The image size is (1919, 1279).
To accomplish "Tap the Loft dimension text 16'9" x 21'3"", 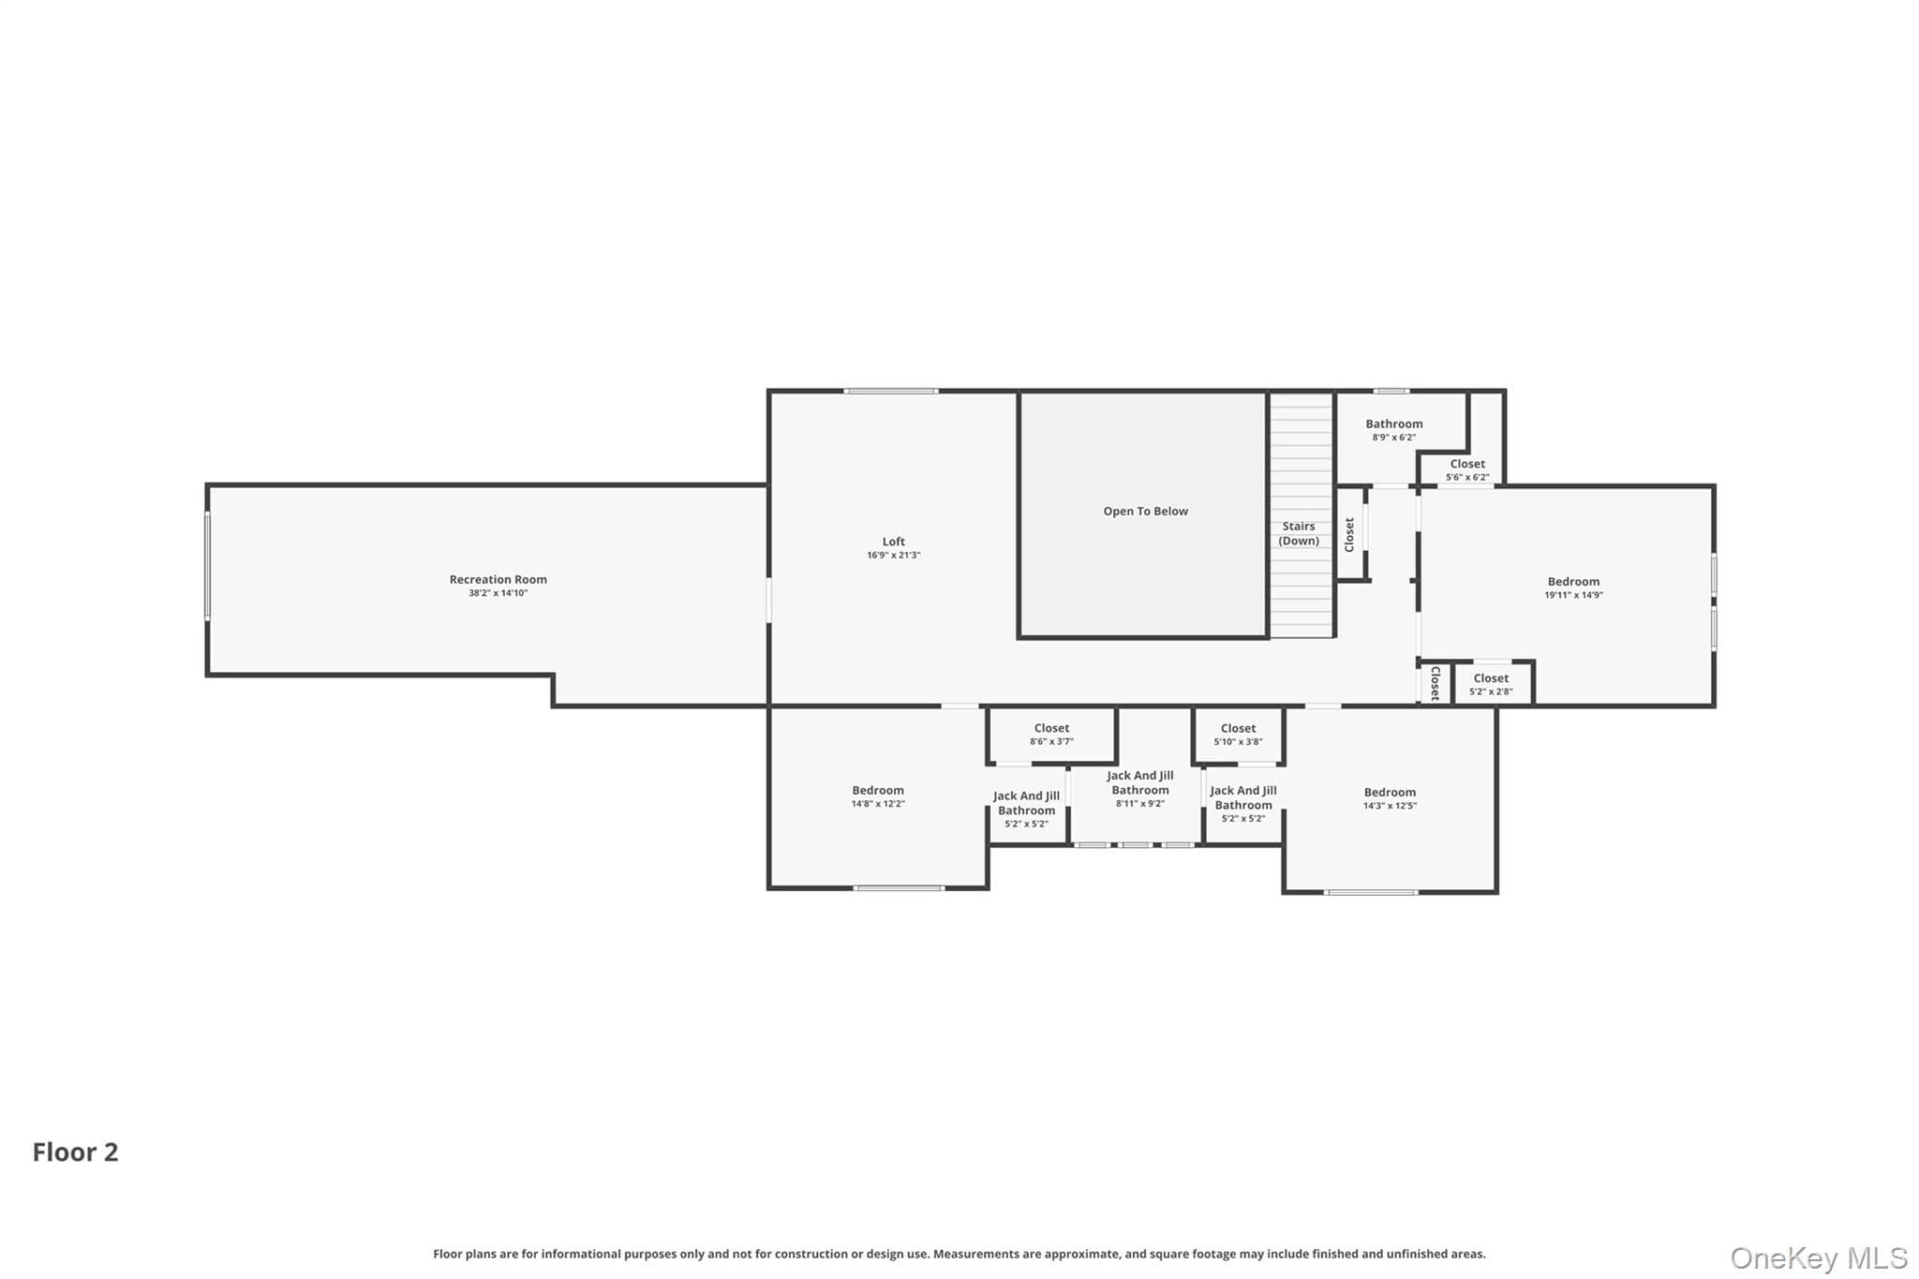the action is click(894, 556).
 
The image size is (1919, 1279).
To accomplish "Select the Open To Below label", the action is click(1145, 512).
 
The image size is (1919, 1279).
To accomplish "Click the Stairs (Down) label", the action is click(1299, 534).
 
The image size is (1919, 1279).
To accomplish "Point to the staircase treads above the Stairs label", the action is click(1302, 455).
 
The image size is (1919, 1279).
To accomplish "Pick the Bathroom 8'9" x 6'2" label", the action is click(1394, 430).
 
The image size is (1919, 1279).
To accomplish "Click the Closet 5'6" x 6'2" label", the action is click(1467, 470).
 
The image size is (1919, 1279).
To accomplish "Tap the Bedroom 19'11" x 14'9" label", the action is click(1574, 587).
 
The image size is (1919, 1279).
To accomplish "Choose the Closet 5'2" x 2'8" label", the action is click(1491, 685).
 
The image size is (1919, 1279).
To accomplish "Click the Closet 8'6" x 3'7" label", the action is click(1051, 735).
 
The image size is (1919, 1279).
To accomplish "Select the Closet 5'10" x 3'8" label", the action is click(1238, 735).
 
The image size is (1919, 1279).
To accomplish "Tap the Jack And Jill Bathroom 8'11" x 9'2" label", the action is click(1140, 789).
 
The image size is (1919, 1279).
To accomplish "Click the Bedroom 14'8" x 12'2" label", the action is click(878, 796).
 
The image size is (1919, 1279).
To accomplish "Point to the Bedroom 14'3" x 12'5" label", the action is click(1390, 798).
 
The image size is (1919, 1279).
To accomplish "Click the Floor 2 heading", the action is click(76, 1153).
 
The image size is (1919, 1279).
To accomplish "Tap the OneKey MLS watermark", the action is click(1819, 1257).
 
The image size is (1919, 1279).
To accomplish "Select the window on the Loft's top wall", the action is click(891, 391).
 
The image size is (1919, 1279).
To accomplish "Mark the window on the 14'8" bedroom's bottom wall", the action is click(899, 887).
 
